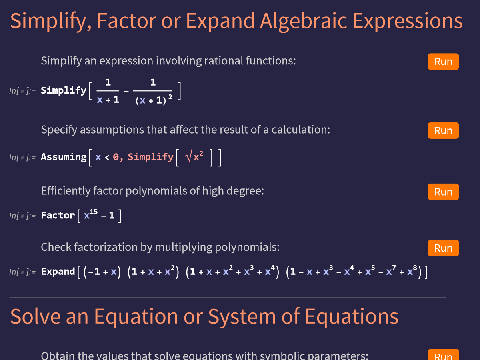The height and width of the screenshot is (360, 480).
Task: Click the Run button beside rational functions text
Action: [x=443, y=62]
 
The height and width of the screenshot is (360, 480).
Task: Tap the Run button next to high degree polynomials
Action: [x=443, y=192]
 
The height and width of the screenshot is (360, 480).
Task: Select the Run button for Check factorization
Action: [x=443, y=248]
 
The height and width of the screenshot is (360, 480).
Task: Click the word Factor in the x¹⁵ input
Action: [x=58, y=216]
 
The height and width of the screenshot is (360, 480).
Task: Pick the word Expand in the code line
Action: [x=58, y=272]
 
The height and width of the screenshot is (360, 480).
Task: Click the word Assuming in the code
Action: [x=64, y=157]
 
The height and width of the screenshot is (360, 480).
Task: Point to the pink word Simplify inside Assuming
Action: [x=151, y=157]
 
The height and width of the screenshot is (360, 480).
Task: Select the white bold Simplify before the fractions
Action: [x=64, y=90]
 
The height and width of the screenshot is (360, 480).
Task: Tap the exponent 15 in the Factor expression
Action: [x=94, y=212]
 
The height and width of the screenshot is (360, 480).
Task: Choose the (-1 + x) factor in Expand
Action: [x=102, y=272]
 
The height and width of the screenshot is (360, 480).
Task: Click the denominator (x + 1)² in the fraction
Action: [x=154, y=100]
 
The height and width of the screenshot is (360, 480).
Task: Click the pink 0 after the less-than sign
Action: [x=116, y=157]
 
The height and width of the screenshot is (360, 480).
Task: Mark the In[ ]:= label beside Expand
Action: [x=22, y=272]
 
